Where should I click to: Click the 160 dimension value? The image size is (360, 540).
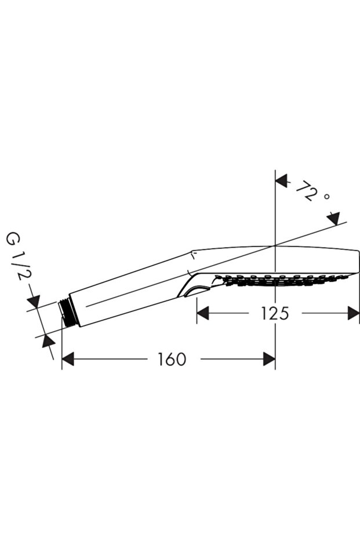(x=172, y=359)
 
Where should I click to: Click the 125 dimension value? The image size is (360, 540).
(x=275, y=313)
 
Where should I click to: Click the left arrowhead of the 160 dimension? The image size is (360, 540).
(x=68, y=359)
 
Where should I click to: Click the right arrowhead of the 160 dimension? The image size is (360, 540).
(x=269, y=359)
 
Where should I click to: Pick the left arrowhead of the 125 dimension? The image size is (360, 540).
(x=203, y=313)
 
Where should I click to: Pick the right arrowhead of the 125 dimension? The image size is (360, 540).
(x=354, y=313)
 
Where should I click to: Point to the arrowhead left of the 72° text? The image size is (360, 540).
(x=282, y=180)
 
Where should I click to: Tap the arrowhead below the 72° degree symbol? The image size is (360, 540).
(x=334, y=219)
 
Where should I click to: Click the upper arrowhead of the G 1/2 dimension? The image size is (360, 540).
(x=34, y=301)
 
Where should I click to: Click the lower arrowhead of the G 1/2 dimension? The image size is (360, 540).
(x=48, y=342)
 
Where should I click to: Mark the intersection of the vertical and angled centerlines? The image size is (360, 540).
(x=275, y=245)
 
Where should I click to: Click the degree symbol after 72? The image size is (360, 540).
(x=327, y=197)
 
